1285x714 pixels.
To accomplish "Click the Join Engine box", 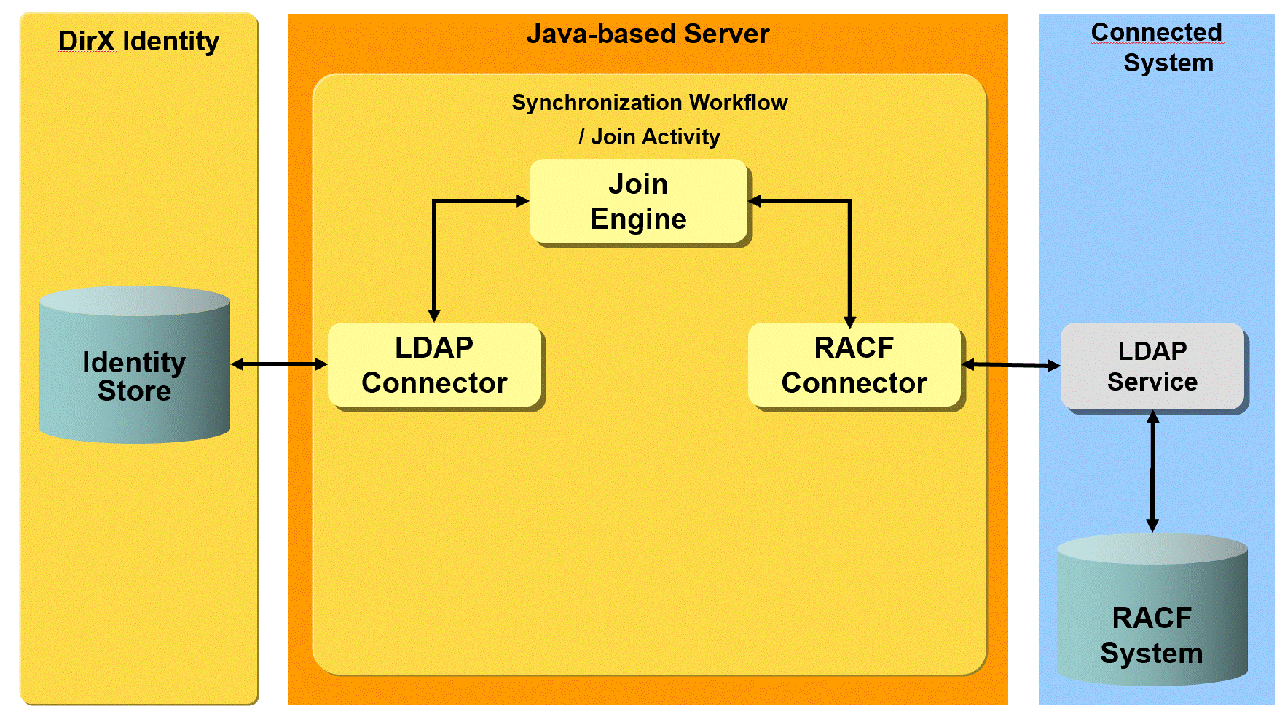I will [x=638, y=201].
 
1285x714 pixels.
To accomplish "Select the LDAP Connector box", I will [x=434, y=365].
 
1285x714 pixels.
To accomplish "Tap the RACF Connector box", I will [x=854, y=365].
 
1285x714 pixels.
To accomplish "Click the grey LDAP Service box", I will [x=1152, y=366].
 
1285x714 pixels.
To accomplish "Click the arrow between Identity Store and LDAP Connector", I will [x=279, y=364].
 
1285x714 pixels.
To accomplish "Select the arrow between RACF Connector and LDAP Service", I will [x=1011, y=364].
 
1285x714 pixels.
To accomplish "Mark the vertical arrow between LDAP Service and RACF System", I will [x=1152, y=471].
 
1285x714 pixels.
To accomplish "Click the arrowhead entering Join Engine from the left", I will [x=522, y=201].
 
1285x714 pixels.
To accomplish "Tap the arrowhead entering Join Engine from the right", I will [x=755, y=201].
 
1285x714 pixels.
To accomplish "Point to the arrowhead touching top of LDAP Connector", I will [x=434, y=315].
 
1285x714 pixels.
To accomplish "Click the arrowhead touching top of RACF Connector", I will [x=849, y=321].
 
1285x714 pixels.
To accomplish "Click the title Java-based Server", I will [x=648, y=34].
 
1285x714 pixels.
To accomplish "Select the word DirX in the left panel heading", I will [x=87, y=42].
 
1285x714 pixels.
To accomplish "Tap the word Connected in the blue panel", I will [x=1156, y=32].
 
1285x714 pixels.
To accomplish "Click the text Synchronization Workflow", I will [x=649, y=103].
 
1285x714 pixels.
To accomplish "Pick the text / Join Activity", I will [x=649, y=137].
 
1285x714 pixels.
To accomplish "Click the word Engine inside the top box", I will [x=638, y=219].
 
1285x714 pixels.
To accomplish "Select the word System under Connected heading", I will [x=1168, y=63].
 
